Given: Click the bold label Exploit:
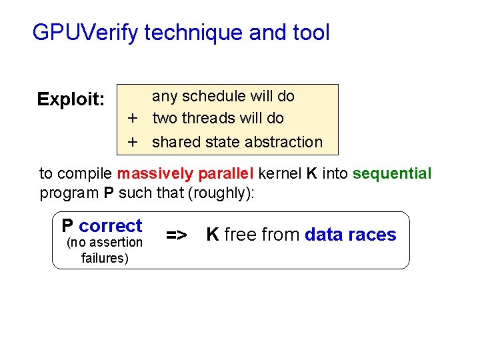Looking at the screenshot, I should point(71,100).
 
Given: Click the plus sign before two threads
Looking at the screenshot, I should point(133,119).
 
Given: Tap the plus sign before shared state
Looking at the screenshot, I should point(133,142).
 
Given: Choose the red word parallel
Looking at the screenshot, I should point(220,174).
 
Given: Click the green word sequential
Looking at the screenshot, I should point(392,174).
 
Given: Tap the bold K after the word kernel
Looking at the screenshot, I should point(311,174).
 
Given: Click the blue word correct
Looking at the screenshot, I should point(111,226).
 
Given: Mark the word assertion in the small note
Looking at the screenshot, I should point(116,243).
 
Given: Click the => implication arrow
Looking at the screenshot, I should point(176,235).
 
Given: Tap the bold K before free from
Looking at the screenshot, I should point(213,235).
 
